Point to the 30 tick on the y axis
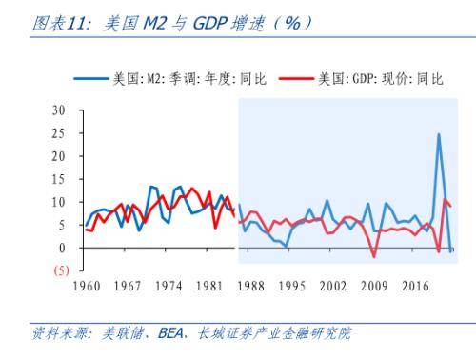[59, 110]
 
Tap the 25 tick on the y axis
[59, 133]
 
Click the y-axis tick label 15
[59, 179]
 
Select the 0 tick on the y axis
[62, 248]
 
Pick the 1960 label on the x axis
[87, 287]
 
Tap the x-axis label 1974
[169, 287]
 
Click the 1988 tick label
[251, 287]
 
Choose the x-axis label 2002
[333, 287]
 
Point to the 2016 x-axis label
[415, 287]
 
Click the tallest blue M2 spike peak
[438, 134]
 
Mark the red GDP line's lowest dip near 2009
[374, 256]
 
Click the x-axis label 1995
[292, 287]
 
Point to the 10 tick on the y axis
[59, 202]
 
